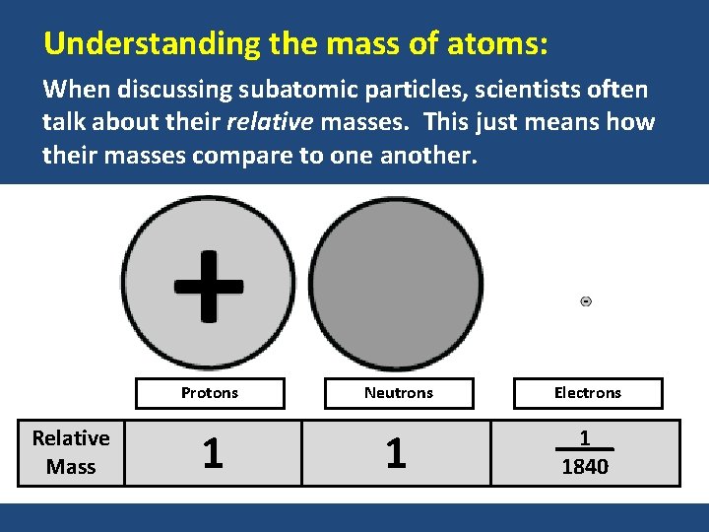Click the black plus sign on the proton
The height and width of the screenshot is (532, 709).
coord(208,286)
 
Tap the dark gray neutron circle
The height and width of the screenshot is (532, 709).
coord(397,284)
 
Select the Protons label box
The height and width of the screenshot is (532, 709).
coord(210,393)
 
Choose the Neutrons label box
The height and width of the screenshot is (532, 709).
coord(399,393)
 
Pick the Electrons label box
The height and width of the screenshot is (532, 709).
coord(588,393)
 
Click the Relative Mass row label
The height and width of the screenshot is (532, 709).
coord(71,452)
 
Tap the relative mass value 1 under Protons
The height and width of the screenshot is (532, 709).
coord(212,453)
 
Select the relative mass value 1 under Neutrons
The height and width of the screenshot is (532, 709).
coord(396,453)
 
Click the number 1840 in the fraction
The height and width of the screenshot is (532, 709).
coord(585,467)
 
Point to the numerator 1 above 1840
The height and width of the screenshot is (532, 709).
coord(585,437)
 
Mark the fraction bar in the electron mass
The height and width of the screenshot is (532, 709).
coord(585,450)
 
